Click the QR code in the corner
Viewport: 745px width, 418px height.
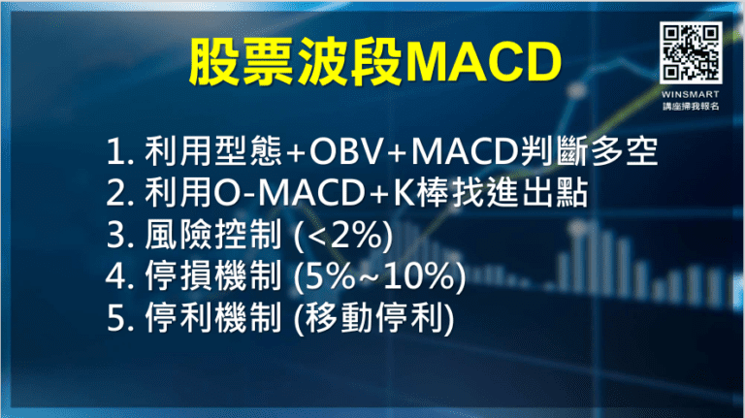click(691, 51)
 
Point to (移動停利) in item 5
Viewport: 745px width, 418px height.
click(376, 320)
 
